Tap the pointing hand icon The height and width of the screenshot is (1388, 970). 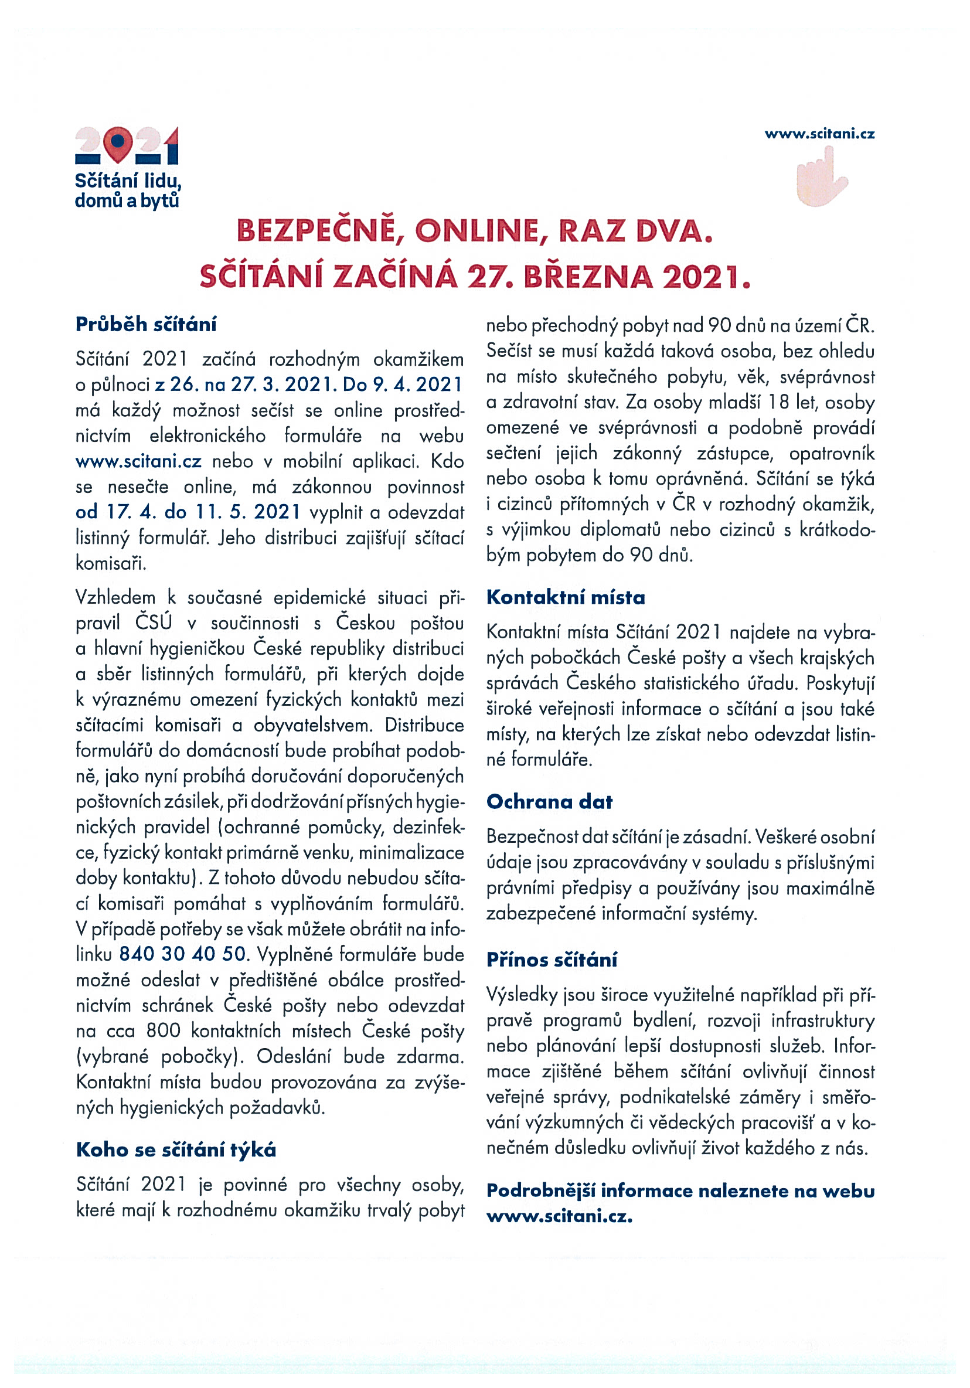pos(821,178)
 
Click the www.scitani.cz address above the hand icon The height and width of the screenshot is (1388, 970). pos(819,134)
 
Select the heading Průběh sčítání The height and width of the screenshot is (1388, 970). pos(146,325)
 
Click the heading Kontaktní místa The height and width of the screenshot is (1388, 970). pos(565,597)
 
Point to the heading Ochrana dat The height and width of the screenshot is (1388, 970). pos(549,802)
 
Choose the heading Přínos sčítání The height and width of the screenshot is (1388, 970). pos(551,960)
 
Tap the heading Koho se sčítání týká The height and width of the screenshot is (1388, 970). pos(175,1149)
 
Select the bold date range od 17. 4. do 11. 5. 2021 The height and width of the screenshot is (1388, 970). pos(188,512)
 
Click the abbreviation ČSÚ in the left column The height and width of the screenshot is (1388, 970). pos(154,622)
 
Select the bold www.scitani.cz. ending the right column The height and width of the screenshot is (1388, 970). pos(559,1216)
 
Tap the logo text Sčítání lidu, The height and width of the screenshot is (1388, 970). pos(128,181)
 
